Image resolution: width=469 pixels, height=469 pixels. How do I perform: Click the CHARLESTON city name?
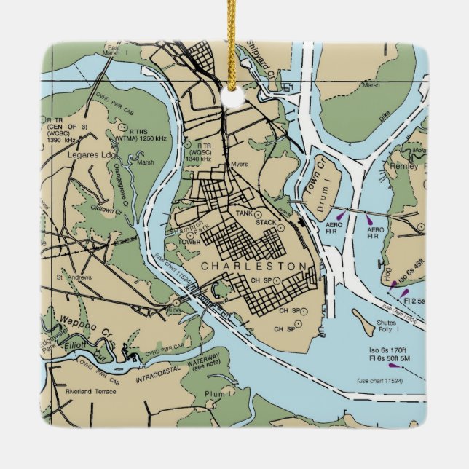pyautogui.click(x=254, y=267)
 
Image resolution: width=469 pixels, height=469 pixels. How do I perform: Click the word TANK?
pyautogui.click(x=245, y=213)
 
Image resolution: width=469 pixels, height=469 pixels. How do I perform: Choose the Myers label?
pyautogui.click(x=240, y=164)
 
